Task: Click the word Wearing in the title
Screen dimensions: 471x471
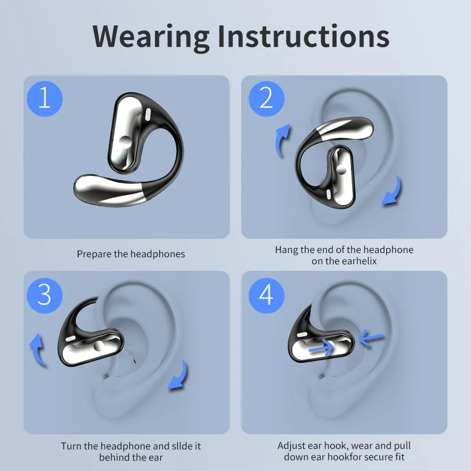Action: (x=151, y=37)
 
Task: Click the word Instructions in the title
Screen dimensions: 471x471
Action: (x=304, y=36)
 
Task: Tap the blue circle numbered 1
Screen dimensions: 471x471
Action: (x=45, y=99)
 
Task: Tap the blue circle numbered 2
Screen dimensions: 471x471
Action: (x=267, y=99)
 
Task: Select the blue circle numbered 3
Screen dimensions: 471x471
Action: (x=45, y=295)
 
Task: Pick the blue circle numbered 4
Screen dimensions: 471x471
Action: (x=267, y=295)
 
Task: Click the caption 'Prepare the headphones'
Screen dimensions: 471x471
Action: (x=131, y=254)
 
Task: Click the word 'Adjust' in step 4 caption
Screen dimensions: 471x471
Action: (x=292, y=446)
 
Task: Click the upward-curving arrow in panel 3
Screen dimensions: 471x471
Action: (x=38, y=349)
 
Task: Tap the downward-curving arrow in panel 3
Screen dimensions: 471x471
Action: (x=179, y=376)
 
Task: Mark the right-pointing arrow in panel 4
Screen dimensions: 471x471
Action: (x=321, y=348)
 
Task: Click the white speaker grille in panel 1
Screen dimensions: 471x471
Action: (x=148, y=114)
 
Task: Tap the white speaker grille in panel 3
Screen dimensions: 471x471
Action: (x=71, y=339)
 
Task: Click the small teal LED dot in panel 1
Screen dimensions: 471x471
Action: (x=123, y=157)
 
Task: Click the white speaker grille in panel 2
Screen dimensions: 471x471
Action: (x=329, y=195)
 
